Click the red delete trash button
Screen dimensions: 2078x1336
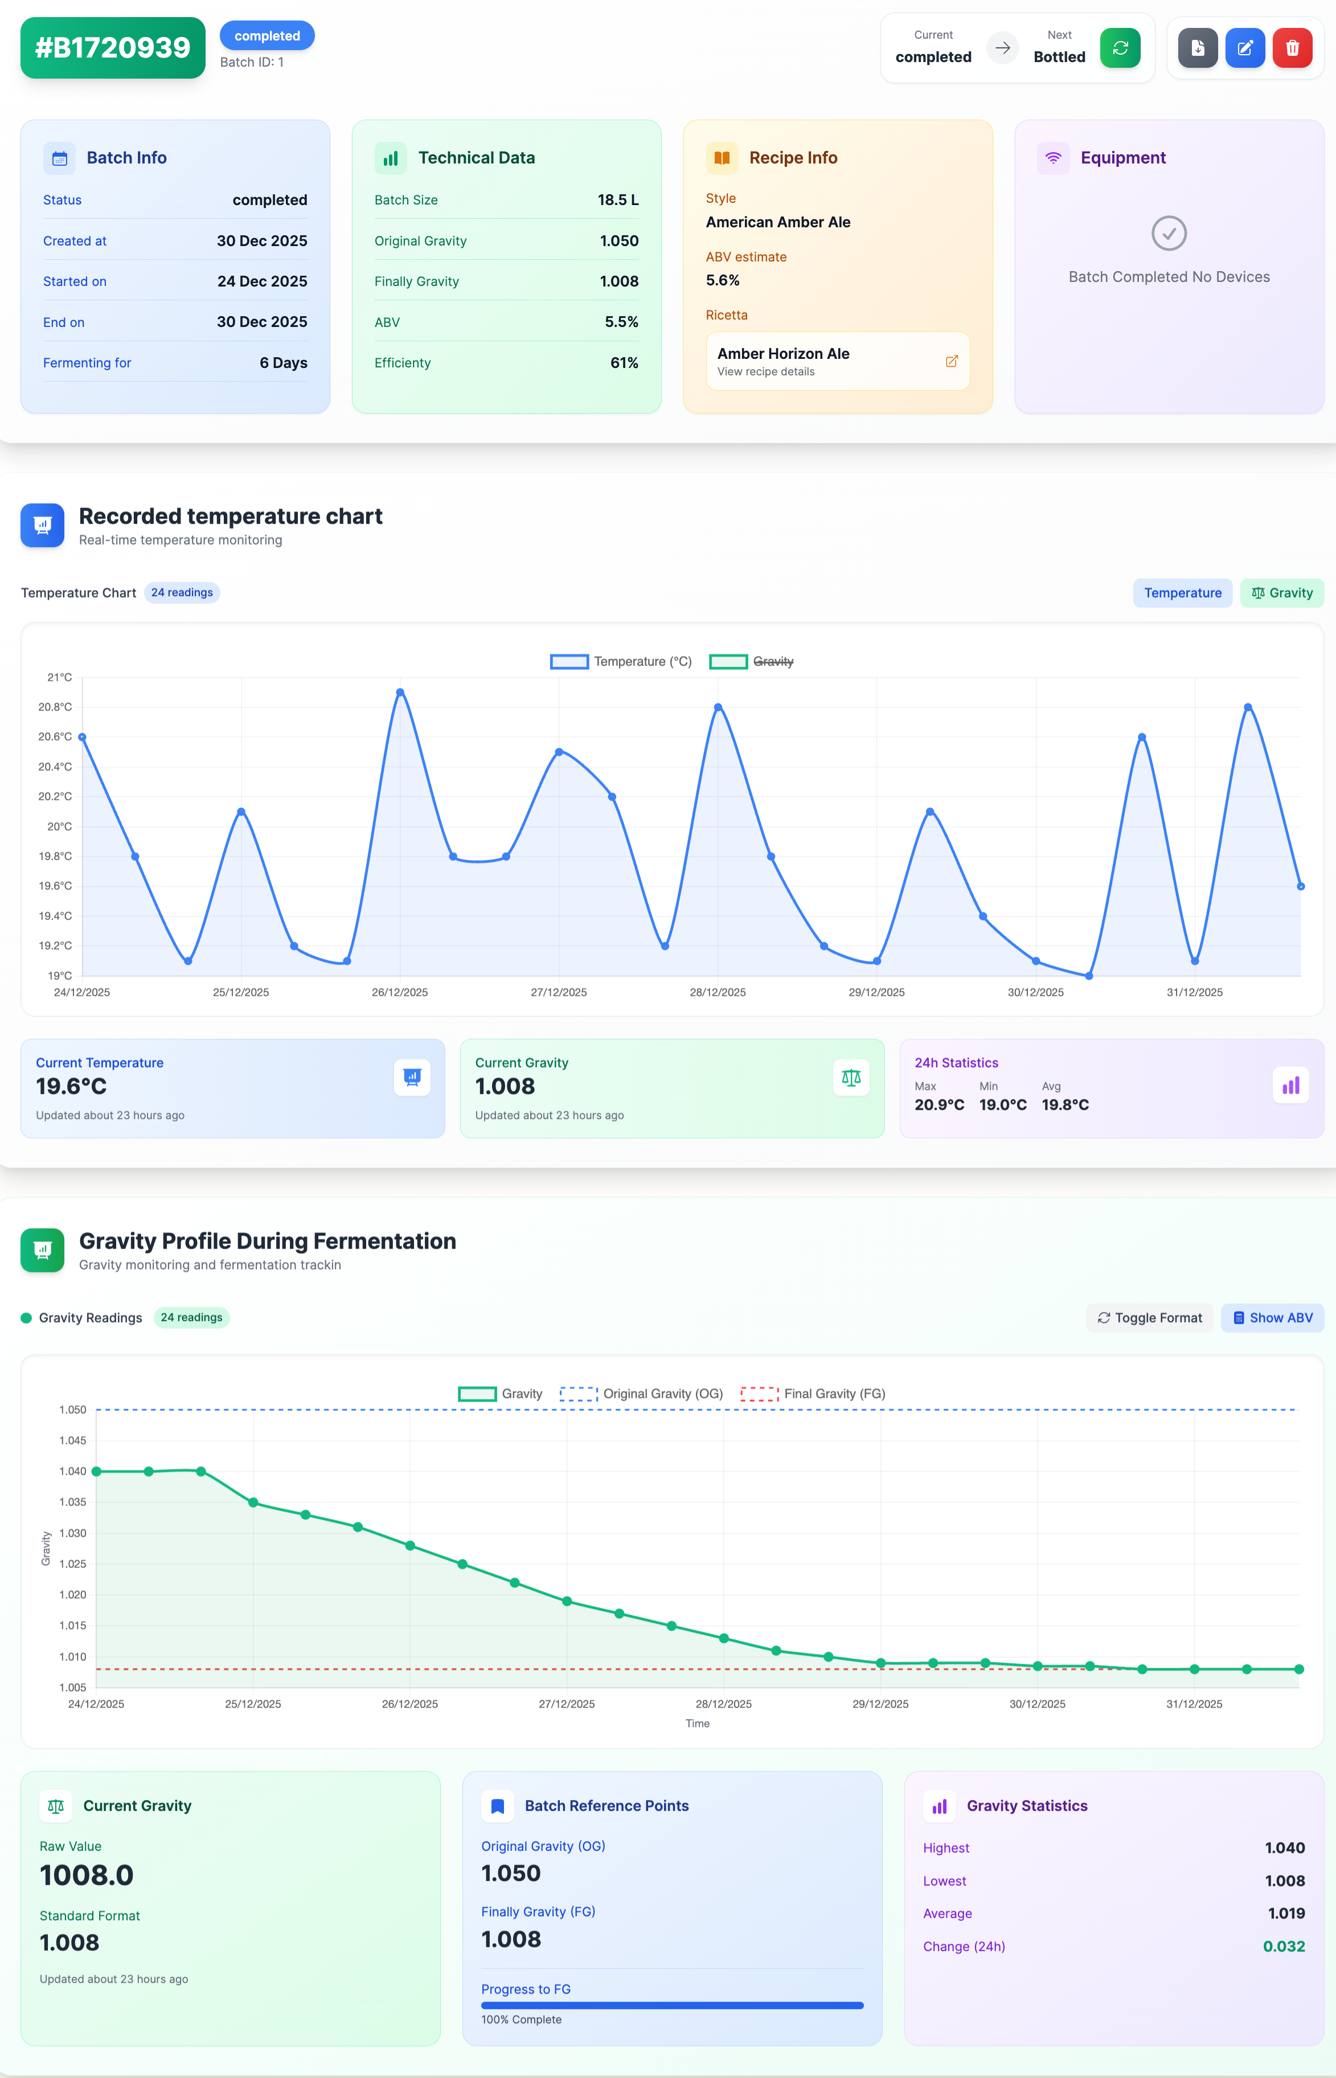point(1292,48)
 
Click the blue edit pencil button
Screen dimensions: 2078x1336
point(1244,48)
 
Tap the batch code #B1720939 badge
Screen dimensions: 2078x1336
point(113,48)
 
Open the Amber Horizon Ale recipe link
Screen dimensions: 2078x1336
point(837,361)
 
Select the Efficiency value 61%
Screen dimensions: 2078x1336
point(624,363)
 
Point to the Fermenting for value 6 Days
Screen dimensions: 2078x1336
point(283,363)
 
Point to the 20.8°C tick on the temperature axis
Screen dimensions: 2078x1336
point(55,707)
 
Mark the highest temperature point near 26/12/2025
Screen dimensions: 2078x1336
point(400,692)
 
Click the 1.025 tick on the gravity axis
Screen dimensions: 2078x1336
point(73,1564)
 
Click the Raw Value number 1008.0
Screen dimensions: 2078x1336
point(87,1875)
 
